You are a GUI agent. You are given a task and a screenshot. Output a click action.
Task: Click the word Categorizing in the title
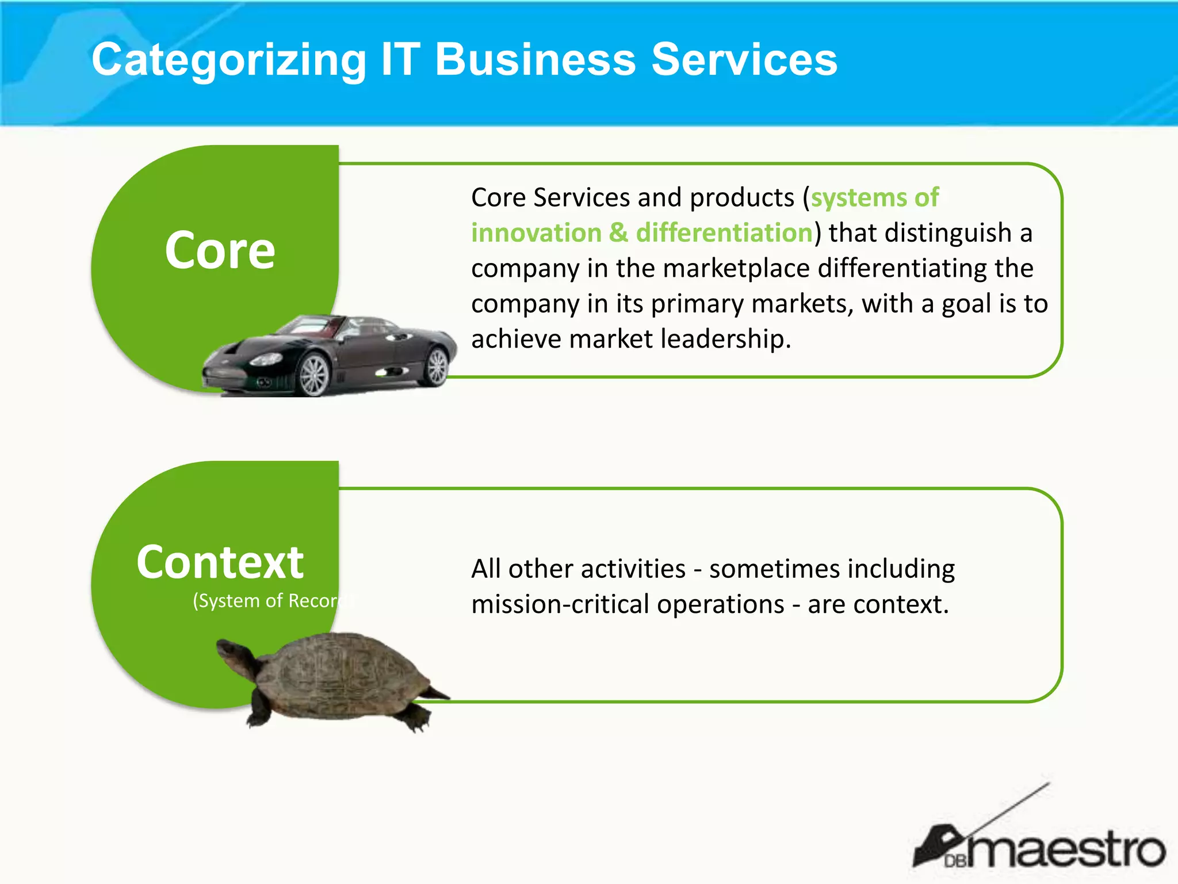pyautogui.click(x=229, y=60)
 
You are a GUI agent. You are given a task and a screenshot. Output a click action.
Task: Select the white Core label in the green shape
pyautogui.click(x=220, y=250)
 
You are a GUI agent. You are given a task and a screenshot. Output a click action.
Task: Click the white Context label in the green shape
pyautogui.click(x=220, y=562)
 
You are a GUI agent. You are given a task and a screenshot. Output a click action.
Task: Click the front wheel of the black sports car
pyautogui.click(x=313, y=375)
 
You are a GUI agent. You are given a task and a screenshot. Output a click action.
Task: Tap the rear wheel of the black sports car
pyautogui.click(x=437, y=366)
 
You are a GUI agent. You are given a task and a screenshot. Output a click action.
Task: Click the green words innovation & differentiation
pyautogui.click(x=641, y=233)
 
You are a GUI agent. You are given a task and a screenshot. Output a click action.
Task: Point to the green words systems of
pyautogui.click(x=874, y=197)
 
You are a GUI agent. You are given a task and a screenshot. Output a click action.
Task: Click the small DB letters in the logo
pyautogui.click(x=955, y=861)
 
